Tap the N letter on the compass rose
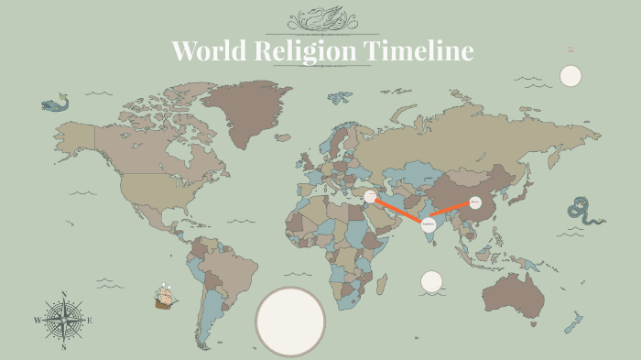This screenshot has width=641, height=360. [x=64, y=294]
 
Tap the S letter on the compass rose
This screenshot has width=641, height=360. [x=64, y=347]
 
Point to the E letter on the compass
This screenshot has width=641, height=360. [x=90, y=320]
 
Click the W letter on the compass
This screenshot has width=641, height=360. [x=38, y=321]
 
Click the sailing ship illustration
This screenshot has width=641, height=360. [x=165, y=297]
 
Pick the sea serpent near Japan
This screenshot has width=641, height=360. [x=583, y=211]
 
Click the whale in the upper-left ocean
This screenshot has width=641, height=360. [x=55, y=104]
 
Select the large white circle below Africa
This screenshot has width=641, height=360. [x=290, y=321]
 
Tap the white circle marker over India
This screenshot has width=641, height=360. [x=428, y=224]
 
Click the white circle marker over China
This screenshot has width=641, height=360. [x=475, y=202]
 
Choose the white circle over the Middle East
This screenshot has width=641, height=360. [x=370, y=196]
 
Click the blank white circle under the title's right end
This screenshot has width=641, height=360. [x=570, y=75]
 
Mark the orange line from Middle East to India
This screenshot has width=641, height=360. [x=398, y=210]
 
